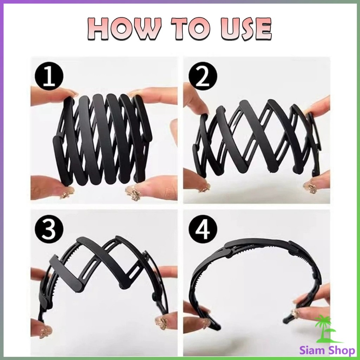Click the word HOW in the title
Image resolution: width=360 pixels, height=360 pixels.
pyautogui.click(x=123, y=29)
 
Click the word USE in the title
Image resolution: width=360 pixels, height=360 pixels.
pyautogui.click(x=246, y=29)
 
